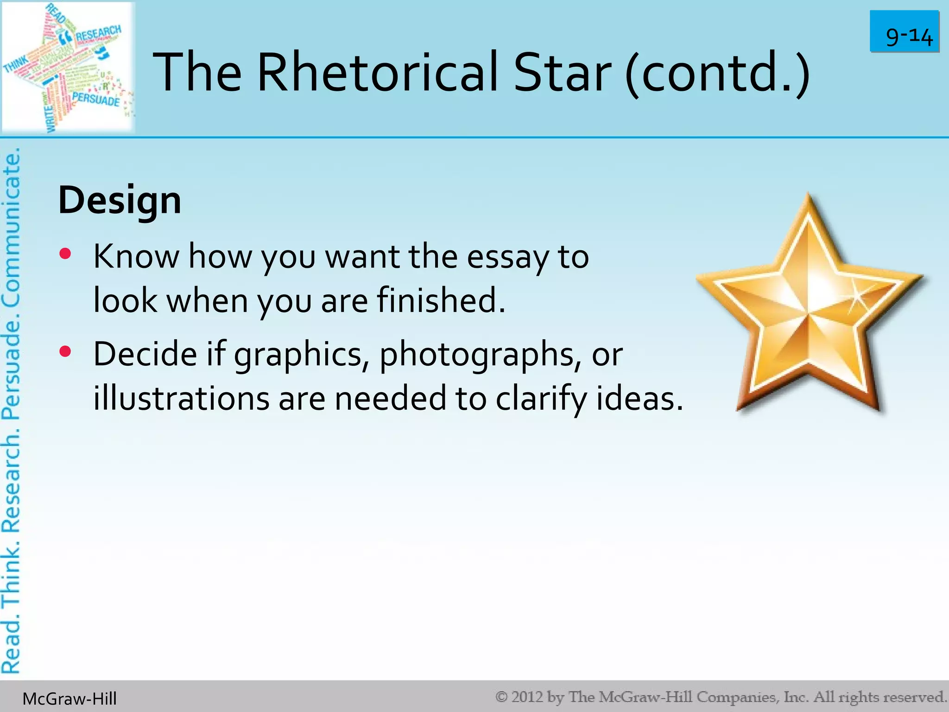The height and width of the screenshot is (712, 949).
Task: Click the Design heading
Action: click(120, 201)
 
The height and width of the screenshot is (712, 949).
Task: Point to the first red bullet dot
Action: click(65, 254)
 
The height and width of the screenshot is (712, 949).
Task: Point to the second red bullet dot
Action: click(65, 352)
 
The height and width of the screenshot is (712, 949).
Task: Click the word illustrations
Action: click(181, 399)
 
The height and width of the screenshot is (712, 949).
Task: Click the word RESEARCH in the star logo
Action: click(98, 34)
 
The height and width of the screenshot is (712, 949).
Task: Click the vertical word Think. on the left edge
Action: click(11, 574)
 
